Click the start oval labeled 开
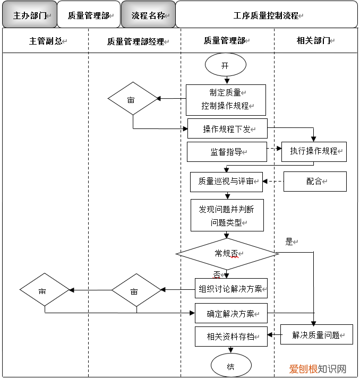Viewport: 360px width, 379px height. [226, 65]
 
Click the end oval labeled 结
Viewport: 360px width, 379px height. [231, 366]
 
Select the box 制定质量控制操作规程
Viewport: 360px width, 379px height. [226, 100]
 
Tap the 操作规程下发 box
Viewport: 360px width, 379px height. [227, 129]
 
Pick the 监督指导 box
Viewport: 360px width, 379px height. [227, 152]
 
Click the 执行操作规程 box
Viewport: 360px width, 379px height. [314, 151]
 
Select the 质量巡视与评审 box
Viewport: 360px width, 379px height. [227, 182]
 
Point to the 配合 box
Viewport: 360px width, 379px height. [315, 182]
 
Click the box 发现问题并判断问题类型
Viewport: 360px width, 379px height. [227, 216]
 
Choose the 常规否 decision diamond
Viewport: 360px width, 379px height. [227, 254]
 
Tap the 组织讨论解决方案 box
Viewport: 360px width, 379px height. [231, 289]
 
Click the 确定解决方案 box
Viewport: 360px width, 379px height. [231, 313]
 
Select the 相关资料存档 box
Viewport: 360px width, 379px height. [231, 337]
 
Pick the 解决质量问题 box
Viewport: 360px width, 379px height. [316, 335]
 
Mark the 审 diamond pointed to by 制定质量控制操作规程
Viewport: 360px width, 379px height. [133, 99]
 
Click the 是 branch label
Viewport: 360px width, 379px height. [290, 242]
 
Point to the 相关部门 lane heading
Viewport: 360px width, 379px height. [313, 40]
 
